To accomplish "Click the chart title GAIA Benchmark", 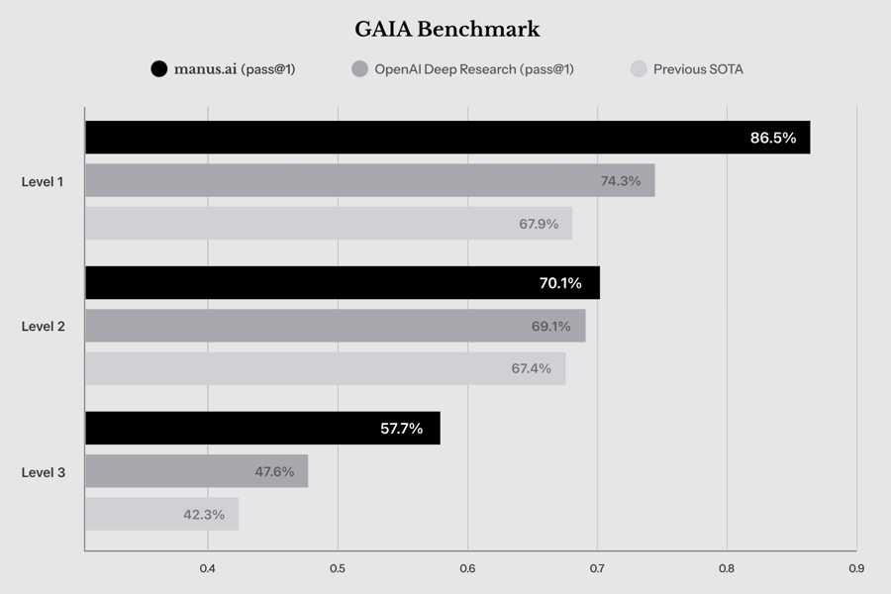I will tap(446, 30).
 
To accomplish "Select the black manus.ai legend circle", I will tap(158, 69).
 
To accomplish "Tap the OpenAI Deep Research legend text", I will tap(473, 69).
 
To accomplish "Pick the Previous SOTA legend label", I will tap(698, 69).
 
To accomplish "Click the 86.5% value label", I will tap(773, 138).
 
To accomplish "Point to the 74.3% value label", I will tap(621, 181).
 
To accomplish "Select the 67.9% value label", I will tap(540, 224).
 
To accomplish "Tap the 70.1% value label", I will tap(560, 283).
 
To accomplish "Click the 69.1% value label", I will tap(550, 326).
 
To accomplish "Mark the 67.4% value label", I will tap(532, 368).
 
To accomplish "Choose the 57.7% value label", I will tap(401, 429).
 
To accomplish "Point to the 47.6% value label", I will tap(274, 471).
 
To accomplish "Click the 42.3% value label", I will tap(204, 515).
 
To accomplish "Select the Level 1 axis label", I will tap(44, 181).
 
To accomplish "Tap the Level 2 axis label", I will tap(44, 326).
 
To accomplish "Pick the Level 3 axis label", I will tap(44, 472).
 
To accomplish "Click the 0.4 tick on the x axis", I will tap(208, 568).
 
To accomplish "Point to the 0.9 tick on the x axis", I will tap(856, 568).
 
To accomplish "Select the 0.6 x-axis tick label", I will tap(467, 568).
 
